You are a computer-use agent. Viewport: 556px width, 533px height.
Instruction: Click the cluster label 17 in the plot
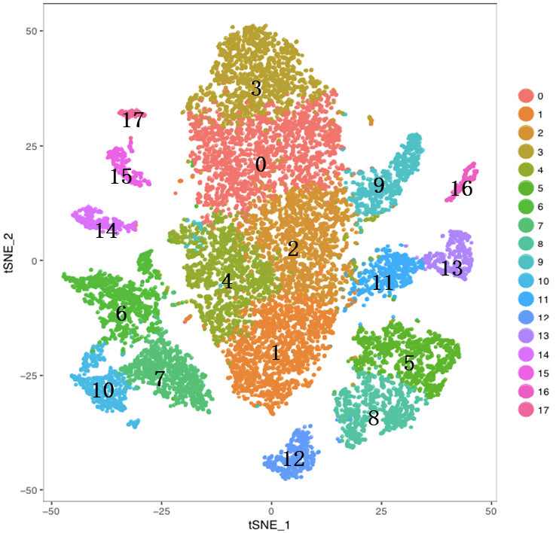tap(133, 120)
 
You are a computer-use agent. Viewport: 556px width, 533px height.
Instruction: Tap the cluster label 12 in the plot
tap(294, 459)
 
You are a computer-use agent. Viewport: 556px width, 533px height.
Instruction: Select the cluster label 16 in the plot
tap(461, 189)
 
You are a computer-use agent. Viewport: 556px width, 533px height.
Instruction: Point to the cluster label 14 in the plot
tap(105, 231)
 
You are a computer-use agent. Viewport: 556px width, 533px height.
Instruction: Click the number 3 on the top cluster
tap(256, 89)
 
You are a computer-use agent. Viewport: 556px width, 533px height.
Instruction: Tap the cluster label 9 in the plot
tap(378, 185)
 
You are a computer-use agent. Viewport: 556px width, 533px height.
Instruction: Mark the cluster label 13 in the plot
tap(451, 268)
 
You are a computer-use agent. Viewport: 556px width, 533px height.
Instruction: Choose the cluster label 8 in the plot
tap(373, 419)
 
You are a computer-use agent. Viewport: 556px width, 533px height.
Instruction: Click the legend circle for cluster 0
tap(525, 96)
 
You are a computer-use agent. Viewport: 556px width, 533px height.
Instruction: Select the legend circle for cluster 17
tap(525, 410)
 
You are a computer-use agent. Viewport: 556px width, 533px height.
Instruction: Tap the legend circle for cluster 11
tap(525, 299)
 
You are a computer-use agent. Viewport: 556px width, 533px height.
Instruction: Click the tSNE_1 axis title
tap(271, 522)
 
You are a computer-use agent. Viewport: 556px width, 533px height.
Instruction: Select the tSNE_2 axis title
tap(9, 260)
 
